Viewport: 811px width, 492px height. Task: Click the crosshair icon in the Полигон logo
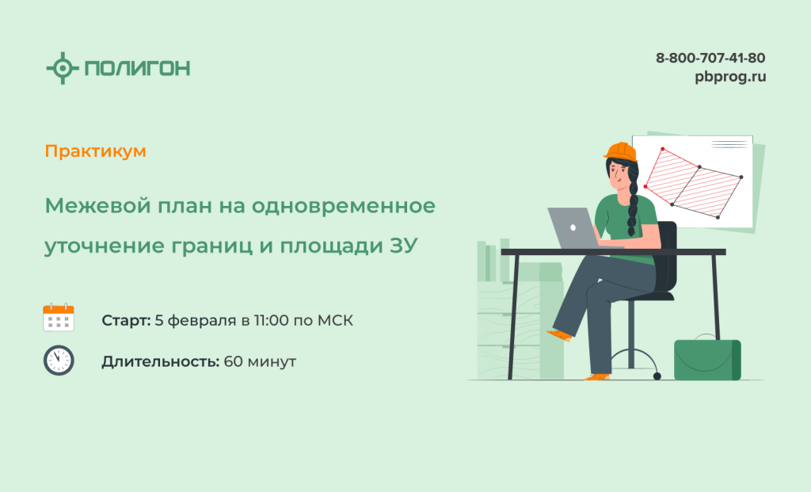(x=63, y=68)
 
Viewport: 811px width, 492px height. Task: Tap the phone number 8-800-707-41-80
(x=710, y=58)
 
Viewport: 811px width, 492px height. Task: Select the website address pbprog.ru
(x=730, y=77)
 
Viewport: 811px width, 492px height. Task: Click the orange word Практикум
(x=95, y=151)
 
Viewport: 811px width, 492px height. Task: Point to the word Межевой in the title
(x=98, y=206)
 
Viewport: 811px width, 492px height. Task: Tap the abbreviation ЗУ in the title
(x=403, y=246)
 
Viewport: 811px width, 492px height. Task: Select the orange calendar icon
(x=59, y=317)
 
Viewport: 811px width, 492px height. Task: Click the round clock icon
(x=59, y=360)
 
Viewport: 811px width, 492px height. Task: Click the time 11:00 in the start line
(x=271, y=321)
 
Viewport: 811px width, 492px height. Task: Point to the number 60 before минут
(x=234, y=361)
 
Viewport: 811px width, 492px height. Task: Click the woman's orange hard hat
(x=621, y=151)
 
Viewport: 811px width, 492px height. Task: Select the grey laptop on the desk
(x=575, y=228)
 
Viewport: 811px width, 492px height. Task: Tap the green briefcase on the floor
(x=707, y=359)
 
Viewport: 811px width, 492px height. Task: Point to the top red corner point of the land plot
(x=663, y=149)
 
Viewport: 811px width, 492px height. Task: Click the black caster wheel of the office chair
(x=657, y=376)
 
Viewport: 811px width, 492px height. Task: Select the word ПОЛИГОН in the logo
(x=138, y=68)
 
